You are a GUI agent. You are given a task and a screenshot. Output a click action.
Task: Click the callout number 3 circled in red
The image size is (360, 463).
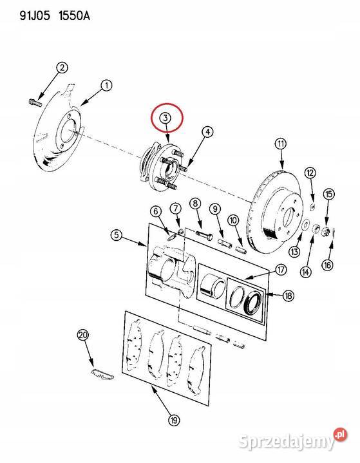point(165,118)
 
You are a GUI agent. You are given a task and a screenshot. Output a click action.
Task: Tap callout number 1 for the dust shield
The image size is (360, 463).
point(107,86)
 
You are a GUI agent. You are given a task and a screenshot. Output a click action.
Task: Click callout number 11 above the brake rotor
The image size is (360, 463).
point(281,144)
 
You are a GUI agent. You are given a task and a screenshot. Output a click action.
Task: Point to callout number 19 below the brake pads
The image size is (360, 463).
point(174,420)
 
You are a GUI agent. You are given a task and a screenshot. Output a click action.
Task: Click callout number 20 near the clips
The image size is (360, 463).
point(83,335)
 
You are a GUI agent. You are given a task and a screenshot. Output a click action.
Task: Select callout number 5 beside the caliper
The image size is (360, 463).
point(117,235)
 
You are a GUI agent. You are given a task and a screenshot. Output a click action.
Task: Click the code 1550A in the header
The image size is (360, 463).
point(74,15)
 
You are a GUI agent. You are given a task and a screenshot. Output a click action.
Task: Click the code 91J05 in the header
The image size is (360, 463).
point(35,15)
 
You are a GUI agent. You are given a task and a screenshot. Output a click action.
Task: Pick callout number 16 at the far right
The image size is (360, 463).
point(328,265)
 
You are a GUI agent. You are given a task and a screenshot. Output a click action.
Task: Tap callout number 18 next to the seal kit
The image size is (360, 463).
point(289,295)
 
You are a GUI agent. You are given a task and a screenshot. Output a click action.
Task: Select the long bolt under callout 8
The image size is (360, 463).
point(204,235)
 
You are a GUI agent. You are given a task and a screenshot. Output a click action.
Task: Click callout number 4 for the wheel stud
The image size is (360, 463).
point(208,132)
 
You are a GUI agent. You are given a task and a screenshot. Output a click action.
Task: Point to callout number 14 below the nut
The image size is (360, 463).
point(306,271)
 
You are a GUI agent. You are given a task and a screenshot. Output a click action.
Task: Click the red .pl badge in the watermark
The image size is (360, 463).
point(340,435)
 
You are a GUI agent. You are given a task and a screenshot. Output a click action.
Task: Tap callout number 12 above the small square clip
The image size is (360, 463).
point(310,173)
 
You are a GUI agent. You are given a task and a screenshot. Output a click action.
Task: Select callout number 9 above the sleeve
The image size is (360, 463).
point(215,209)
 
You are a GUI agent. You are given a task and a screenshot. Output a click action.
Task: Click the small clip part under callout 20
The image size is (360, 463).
point(102,374)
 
